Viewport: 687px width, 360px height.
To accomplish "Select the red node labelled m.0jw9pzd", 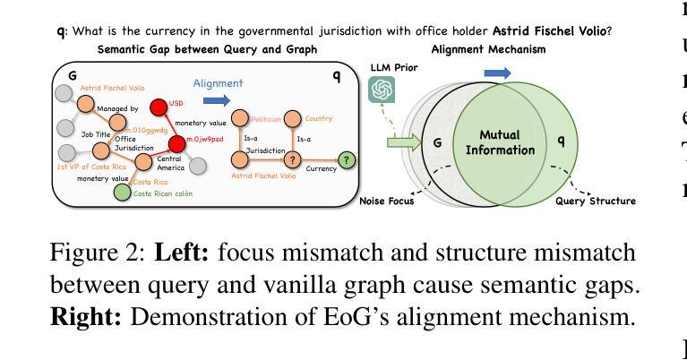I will (x=178, y=143).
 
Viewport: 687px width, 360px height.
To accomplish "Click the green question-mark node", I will (x=348, y=159).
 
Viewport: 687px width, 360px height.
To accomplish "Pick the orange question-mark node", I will (x=292, y=159).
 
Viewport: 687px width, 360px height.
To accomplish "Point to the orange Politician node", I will (x=239, y=118).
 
